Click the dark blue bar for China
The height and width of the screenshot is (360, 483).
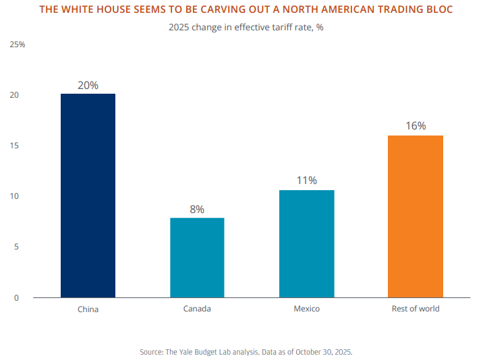[88, 196]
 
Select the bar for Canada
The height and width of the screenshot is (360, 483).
[197, 258]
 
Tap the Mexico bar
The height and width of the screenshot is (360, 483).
[306, 243]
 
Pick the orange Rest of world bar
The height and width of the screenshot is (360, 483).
[416, 216]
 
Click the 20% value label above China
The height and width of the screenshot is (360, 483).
[88, 86]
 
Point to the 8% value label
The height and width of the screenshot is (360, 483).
[197, 210]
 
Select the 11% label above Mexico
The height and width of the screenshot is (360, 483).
[306, 181]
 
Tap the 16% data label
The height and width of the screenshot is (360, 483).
[416, 126]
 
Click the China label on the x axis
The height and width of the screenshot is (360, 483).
[88, 309]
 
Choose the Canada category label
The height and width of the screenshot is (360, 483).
[197, 309]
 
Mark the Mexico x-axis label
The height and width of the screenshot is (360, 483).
[306, 309]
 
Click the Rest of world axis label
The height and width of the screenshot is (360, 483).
[416, 309]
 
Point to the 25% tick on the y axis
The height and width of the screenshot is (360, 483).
[18, 44]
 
